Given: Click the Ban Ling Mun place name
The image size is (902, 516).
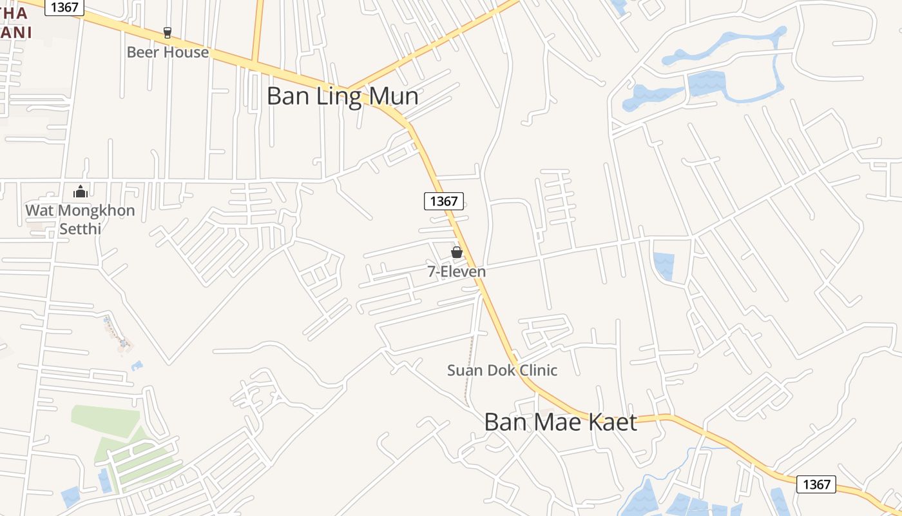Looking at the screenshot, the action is [x=342, y=97].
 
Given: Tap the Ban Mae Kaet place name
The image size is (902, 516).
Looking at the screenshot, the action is [x=561, y=422].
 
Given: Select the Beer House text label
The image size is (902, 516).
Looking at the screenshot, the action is [x=168, y=52].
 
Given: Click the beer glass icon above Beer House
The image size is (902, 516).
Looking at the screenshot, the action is [x=168, y=32].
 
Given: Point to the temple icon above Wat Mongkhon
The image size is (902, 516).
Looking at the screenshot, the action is [x=81, y=192].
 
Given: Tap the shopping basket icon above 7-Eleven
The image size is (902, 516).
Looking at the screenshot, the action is [x=457, y=252].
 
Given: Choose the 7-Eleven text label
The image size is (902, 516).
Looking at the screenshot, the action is [x=457, y=272].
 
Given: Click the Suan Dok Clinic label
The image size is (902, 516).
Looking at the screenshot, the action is [x=503, y=370].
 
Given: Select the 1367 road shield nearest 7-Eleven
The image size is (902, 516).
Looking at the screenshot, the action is [x=444, y=201].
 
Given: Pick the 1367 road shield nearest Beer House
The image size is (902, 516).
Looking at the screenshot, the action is [x=65, y=7].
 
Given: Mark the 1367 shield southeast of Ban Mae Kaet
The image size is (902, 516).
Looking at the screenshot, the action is [x=816, y=484].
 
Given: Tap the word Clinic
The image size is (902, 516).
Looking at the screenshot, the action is [x=536, y=370].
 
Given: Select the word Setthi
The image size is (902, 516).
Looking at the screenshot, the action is [x=81, y=228].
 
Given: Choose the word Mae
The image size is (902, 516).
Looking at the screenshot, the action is [x=562, y=422].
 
